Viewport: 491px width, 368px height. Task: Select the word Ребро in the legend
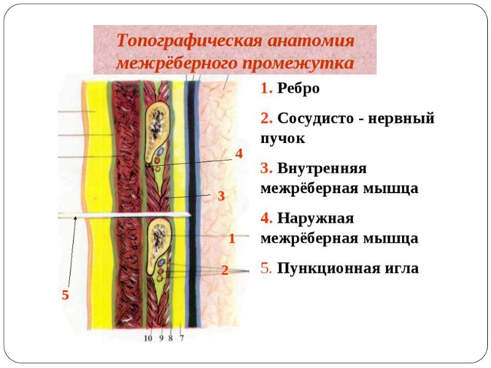pos(298,88)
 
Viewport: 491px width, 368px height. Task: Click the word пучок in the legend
pos(283,139)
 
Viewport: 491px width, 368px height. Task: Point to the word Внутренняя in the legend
pos(322,167)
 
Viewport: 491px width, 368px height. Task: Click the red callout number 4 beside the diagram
pos(239,153)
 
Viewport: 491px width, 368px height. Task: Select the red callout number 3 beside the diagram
pos(222,197)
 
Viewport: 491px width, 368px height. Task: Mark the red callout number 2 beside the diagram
pos(225,270)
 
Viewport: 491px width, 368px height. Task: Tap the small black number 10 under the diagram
pos(148,337)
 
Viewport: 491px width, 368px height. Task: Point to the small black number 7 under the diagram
pos(182,337)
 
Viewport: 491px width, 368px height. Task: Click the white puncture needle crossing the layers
pos(123,215)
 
